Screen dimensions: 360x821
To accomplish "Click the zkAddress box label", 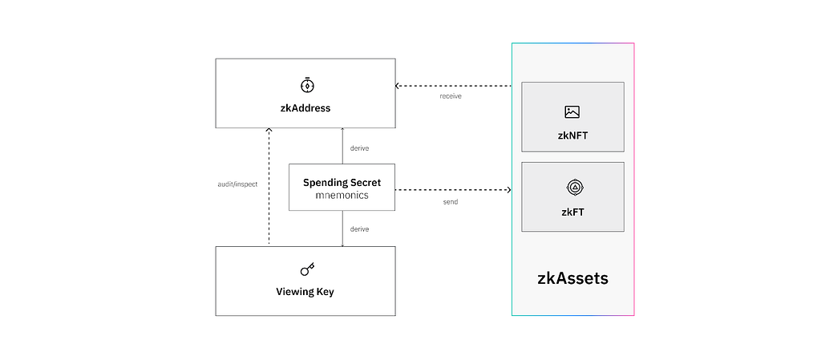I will pyautogui.click(x=305, y=107).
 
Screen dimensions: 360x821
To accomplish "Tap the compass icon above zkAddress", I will pyautogui.click(x=305, y=84).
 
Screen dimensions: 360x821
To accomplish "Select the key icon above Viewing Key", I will pyautogui.click(x=306, y=269).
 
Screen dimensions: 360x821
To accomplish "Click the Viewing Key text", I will pyautogui.click(x=305, y=292).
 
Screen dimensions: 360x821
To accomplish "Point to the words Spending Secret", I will pyautogui.click(x=342, y=182).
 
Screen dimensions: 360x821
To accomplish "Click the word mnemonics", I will pyautogui.click(x=342, y=195).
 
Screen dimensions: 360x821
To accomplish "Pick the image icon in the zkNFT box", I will pyautogui.click(x=572, y=112).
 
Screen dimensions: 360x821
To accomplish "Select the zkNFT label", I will pyautogui.click(x=572, y=136).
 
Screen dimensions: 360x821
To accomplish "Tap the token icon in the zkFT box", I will pyautogui.click(x=573, y=188).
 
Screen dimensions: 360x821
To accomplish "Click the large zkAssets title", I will pyautogui.click(x=572, y=279).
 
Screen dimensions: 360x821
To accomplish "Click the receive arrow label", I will pyautogui.click(x=451, y=96).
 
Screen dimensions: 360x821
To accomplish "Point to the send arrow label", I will pyautogui.click(x=451, y=202).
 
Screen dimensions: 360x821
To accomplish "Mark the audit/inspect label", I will pyautogui.click(x=238, y=184).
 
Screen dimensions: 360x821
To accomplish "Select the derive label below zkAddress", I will pyautogui.click(x=360, y=148).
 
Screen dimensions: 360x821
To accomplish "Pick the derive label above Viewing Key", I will pyautogui.click(x=360, y=229).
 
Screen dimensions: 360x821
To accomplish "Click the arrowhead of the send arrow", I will pyautogui.click(x=508, y=190).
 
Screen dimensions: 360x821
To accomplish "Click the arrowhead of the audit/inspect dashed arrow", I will pyautogui.click(x=269, y=130).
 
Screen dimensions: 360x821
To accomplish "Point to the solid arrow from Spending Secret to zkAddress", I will pyautogui.click(x=343, y=146).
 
